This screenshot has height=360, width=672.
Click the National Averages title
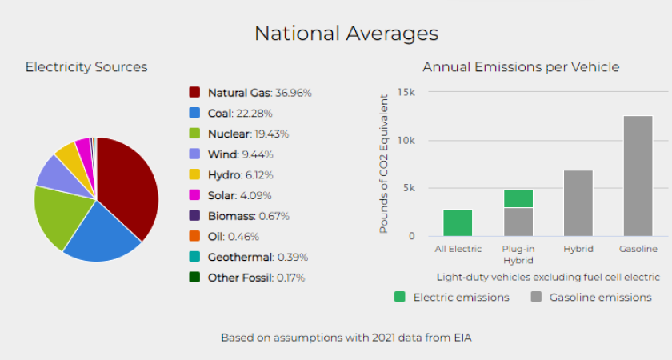coord(346,34)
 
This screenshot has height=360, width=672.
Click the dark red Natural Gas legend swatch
coord(194,93)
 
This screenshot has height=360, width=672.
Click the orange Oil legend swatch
coord(194,237)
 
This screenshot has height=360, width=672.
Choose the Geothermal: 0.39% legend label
coord(257,258)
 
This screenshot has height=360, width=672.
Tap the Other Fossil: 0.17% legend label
coord(256,278)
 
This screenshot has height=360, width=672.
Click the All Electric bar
coord(458,222)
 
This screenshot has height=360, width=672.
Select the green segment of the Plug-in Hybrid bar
coord(518,198)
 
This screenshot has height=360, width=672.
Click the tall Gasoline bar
coord(638,176)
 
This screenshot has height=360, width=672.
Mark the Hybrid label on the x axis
coord(578,249)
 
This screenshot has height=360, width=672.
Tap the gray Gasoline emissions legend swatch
coord(536,297)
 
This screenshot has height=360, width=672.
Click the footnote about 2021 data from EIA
coord(346,338)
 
